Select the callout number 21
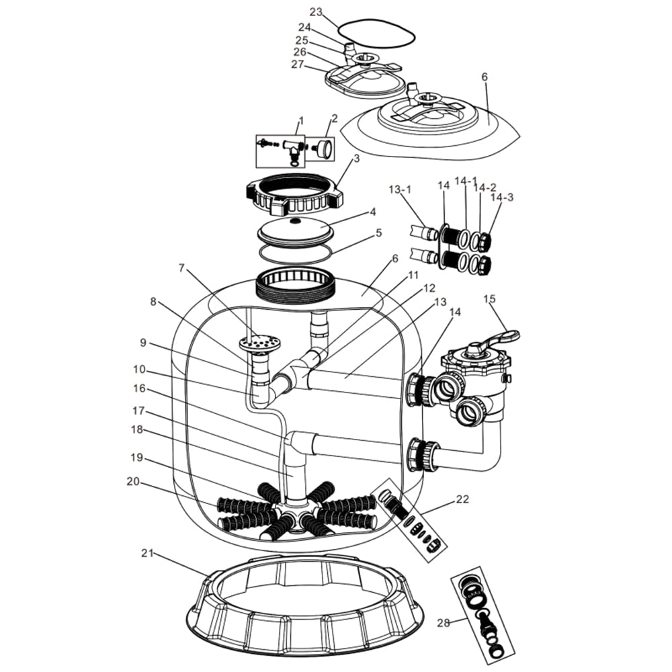[x=148, y=553]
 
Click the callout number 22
[x=462, y=499]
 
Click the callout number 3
[x=357, y=159]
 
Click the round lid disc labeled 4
[x=295, y=229]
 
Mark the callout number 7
[x=181, y=268]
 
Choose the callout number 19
[x=136, y=457]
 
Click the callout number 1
[x=301, y=122]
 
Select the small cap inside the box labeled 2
[x=323, y=149]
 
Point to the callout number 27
[x=298, y=65]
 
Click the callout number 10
[x=139, y=369]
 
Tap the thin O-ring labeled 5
[x=295, y=252]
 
